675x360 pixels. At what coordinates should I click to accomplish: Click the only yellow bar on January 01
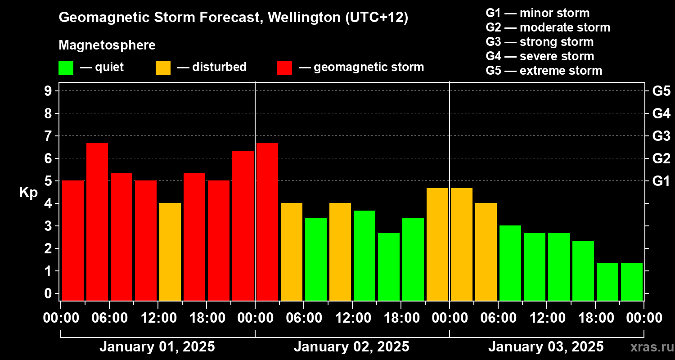tap(170, 252)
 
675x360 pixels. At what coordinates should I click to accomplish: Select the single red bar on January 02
tap(267, 221)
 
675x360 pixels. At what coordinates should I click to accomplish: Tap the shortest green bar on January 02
tap(389, 266)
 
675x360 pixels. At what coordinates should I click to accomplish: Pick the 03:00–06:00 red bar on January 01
tap(97, 221)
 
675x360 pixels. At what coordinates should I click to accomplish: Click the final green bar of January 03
tap(632, 282)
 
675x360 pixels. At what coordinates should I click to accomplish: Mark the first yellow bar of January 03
tap(462, 244)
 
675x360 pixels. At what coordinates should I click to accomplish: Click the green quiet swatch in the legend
tap(66, 68)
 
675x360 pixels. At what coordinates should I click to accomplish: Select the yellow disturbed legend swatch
tap(163, 68)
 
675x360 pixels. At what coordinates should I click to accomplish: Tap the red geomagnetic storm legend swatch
tap(284, 68)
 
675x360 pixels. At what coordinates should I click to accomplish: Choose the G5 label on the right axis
tap(661, 91)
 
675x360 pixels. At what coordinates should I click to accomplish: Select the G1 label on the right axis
tap(661, 181)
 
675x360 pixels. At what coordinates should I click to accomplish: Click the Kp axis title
tap(28, 193)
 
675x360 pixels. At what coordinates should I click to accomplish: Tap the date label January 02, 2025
tap(351, 347)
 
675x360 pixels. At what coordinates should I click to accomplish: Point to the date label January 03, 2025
tap(546, 347)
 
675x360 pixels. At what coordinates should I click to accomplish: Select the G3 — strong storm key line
tap(540, 42)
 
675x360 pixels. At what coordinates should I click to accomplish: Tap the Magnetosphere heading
tap(107, 45)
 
